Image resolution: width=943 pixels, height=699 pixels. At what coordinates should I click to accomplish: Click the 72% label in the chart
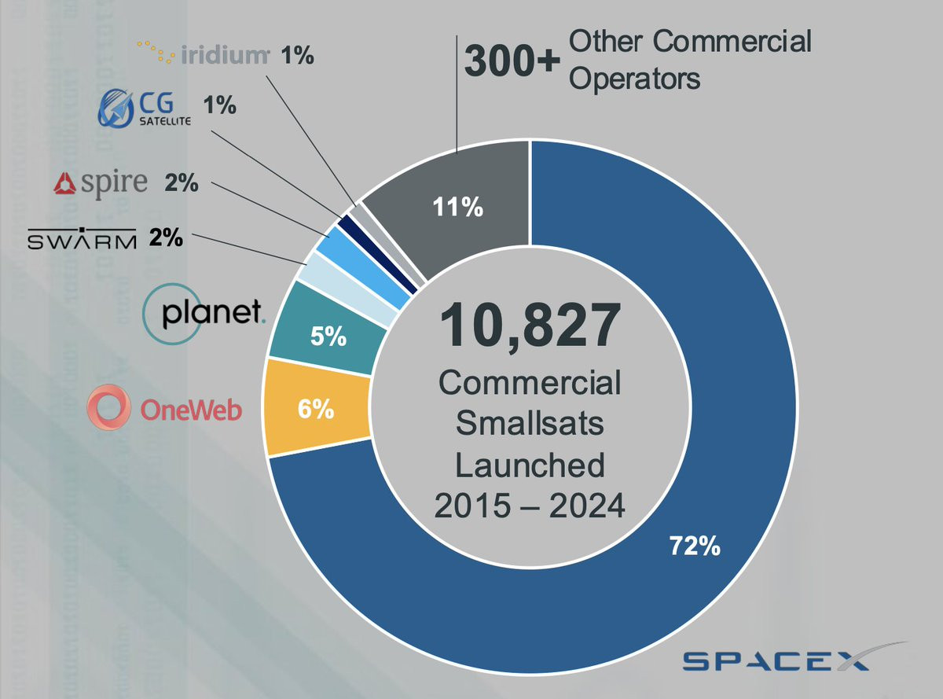[695, 546]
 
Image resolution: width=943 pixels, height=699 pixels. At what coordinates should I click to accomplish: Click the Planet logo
[204, 315]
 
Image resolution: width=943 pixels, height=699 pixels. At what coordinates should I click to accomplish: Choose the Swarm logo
[82, 237]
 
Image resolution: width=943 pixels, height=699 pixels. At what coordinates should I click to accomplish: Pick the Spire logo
[100, 183]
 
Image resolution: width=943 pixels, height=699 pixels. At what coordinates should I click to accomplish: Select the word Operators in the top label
[634, 79]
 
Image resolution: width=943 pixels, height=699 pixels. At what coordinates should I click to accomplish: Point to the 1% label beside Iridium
[298, 56]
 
